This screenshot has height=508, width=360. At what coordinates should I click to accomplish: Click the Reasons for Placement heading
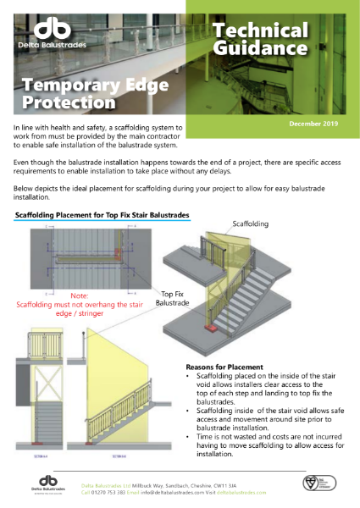pyautogui.click(x=222, y=367)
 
